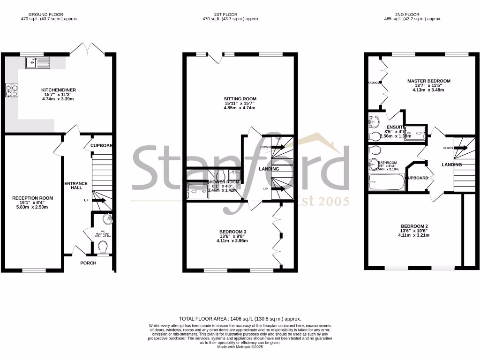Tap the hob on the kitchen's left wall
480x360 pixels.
(11, 90)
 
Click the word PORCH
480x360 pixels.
(88, 263)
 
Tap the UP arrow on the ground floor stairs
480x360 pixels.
(98, 201)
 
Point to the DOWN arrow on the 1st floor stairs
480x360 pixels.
(277, 147)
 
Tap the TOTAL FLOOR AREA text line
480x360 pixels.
(240, 318)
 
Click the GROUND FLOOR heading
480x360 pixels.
(49, 15)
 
